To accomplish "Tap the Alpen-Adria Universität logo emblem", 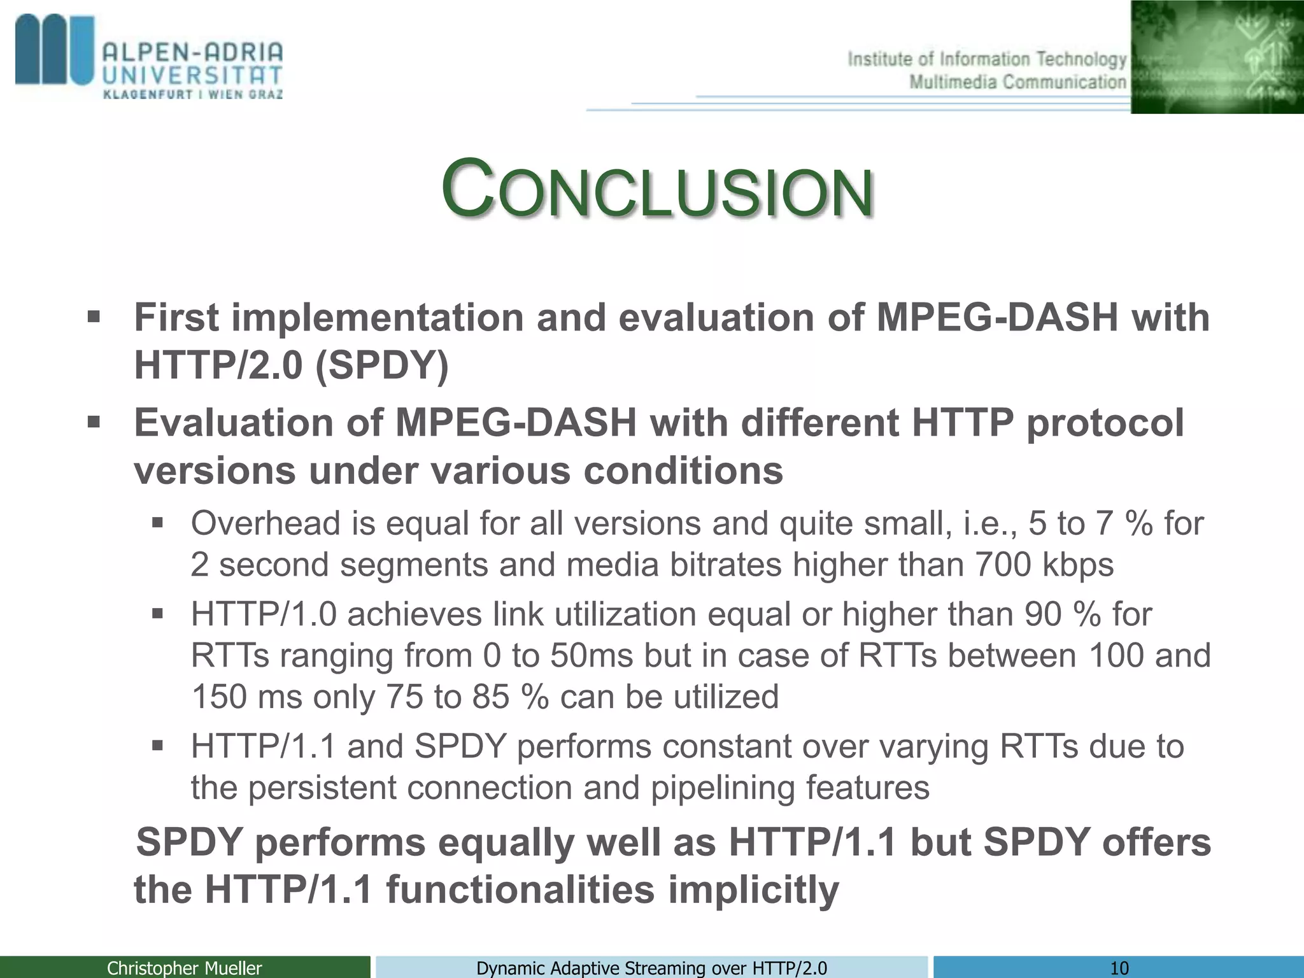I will pos(55,51).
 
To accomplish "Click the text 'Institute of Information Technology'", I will pos(986,59).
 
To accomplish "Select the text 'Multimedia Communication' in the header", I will pos(1017,82).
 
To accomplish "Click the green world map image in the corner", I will pos(1217,57).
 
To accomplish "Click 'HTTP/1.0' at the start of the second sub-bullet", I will pos(263,614).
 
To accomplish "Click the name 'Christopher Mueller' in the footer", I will pos(184,968).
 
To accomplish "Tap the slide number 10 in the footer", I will pos(1119,968).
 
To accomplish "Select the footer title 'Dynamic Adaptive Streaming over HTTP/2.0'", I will pos(651,968).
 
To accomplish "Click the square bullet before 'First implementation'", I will pos(94,316).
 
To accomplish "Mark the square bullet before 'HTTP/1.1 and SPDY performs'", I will pos(158,745).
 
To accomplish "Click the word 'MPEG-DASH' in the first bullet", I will pos(996,317).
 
